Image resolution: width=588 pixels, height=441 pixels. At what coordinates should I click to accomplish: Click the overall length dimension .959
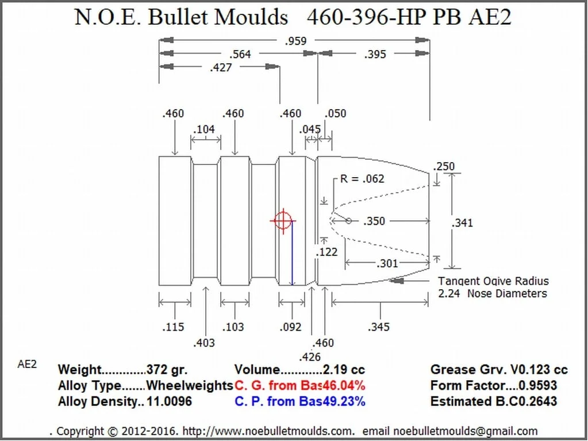tap(296, 41)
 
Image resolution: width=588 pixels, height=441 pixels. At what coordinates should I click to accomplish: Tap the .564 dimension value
tap(240, 55)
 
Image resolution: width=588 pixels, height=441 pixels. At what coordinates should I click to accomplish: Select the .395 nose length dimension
tap(375, 55)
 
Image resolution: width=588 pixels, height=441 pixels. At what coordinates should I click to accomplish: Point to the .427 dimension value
tap(221, 67)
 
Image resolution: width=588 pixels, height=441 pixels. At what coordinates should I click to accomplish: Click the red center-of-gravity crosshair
tap(283, 221)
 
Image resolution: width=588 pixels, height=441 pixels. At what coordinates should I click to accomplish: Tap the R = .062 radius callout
tap(362, 178)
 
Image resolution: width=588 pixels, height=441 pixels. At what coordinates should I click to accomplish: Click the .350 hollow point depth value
tap(374, 221)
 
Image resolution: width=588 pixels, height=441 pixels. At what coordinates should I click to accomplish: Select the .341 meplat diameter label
tap(462, 223)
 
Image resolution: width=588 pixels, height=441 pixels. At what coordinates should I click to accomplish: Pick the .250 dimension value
tap(444, 166)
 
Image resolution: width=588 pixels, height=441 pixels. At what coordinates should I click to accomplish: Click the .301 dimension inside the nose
tap(387, 263)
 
